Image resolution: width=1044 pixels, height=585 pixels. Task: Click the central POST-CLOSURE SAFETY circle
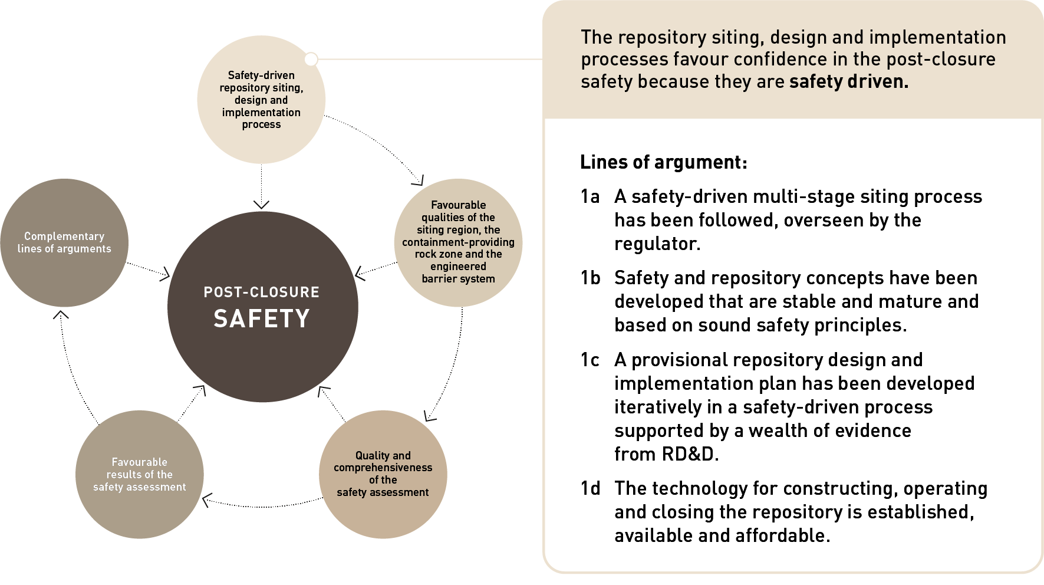pyautogui.click(x=262, y=354)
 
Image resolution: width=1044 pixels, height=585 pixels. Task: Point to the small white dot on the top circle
pyautogui.click(x=311, y=59)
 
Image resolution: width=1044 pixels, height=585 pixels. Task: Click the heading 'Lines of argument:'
pyautogui.click(x=663, y=162)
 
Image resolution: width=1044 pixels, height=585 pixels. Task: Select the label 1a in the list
pyautogui.click(x=589, y=196)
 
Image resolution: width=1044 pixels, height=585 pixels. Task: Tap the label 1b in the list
pyautogui.click(x=590, y=278)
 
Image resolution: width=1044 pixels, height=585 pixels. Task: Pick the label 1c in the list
pyautogui.click(x=589, y=360)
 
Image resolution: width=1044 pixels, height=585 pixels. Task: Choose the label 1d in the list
pyautogui.click(x=590, y=488)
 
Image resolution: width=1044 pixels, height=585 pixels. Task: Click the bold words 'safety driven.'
pyautogui.click(x=848, y=81)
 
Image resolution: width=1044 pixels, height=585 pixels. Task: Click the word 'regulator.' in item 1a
pyautogui.click(x=657, y=244)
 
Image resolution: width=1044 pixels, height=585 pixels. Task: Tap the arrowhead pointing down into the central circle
pyautogui.click(x=261, y=204)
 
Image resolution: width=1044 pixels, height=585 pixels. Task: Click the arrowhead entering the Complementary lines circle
pyautogui.click(x=61, y=315)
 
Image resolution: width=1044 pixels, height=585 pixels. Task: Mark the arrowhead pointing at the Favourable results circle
pyautogui.click(x=207, y=501)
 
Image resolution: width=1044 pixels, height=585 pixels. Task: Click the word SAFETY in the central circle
pyautogui.click(x=261, y=319)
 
